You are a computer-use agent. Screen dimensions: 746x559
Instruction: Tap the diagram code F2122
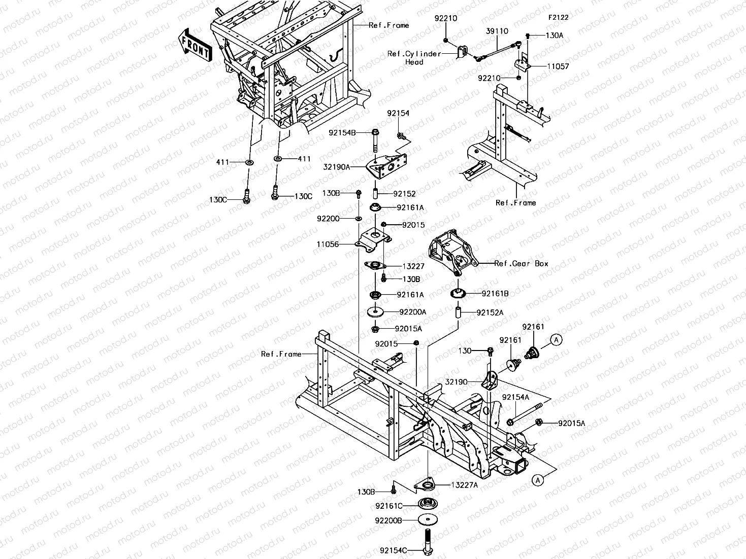(558, 18)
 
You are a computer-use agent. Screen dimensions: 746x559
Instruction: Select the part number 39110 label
(497, 31)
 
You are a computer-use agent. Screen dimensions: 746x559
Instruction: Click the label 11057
(558, 66)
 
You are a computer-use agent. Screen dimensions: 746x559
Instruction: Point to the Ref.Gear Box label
(522, 263)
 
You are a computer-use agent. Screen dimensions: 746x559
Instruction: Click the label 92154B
(342, 133)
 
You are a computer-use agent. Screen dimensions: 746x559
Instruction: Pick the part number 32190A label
(337, 167)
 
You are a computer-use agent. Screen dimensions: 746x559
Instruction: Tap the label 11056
(328, 244)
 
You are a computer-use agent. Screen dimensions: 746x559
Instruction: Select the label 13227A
(464, 485)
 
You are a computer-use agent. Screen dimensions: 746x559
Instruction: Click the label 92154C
(394, 550)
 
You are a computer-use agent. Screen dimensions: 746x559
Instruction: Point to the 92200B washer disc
(428, 519)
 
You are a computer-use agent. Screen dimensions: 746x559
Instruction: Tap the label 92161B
(495, 294)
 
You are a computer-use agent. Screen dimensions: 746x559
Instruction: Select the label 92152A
(490, 312)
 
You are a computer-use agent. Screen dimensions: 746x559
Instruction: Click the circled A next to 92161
(557, 340)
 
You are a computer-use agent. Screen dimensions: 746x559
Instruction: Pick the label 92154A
(515, 397)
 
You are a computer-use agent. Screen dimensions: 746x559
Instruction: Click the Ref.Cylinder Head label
(414, 58)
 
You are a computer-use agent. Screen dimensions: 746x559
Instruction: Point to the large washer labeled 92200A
(375, 312)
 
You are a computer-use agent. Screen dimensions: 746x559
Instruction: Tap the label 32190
(456, 382)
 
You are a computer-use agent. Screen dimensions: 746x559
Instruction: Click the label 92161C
(389, 506)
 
